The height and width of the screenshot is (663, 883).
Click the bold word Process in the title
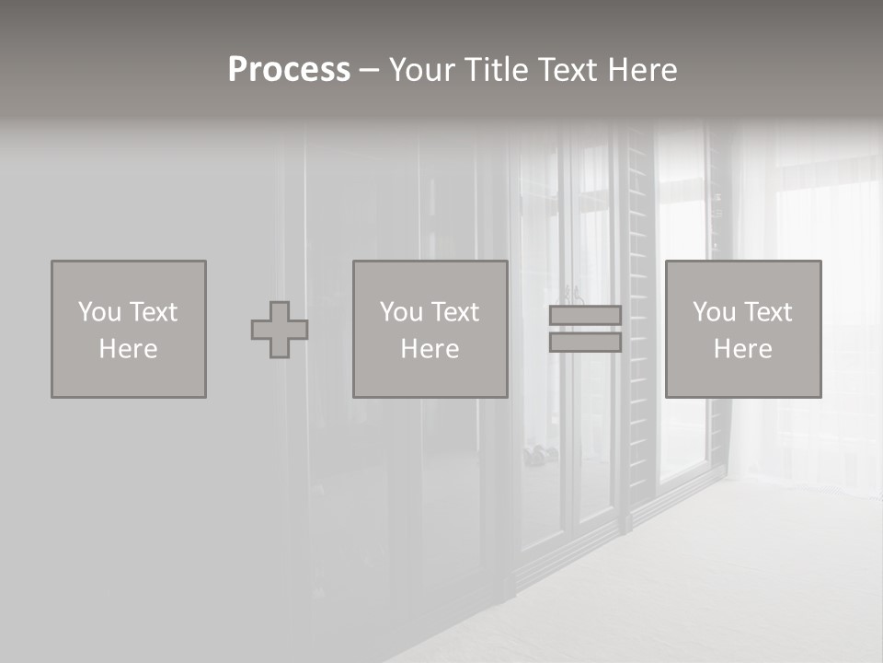click(x=289, y=70)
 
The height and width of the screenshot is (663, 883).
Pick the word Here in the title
click(x=643, y=70)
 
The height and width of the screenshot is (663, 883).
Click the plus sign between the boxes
click(x=280, y=330)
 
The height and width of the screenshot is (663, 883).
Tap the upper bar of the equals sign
click(x=585, y=316)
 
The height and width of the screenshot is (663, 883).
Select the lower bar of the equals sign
click(x=585, y=342)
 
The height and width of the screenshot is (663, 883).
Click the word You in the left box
click(x=99, y=312)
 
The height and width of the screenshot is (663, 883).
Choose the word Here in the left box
click(x=128, y=349)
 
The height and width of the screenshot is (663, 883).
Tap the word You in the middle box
click(x=401, y=312)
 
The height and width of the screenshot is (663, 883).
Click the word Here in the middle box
click(x=430, y=349)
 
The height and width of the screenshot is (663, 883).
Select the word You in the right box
click(x=714, y=312)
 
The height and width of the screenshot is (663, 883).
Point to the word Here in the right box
click(x=742, y=349)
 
